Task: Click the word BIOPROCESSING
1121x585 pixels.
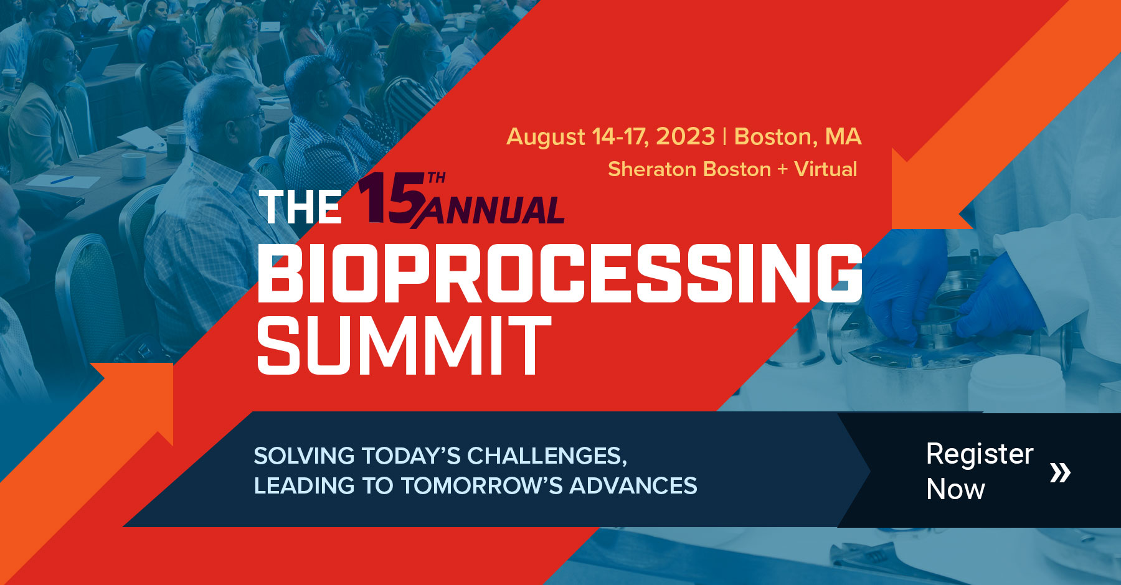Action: [x=559, y=273]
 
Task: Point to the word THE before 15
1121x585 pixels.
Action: [x=300, y=207]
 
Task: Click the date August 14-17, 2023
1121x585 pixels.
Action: [x=610, y=137]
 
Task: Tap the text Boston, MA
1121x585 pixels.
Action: [x=798, y=137]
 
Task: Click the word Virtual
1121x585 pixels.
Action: [x=826, y=169]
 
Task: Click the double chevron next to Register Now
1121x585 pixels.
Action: [x=1059, y=472]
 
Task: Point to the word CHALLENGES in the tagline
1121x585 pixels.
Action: [x=546, y=456]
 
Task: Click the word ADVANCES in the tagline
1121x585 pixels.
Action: [x=633, y=486]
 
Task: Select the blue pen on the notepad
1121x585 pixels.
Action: [x=62, y=179]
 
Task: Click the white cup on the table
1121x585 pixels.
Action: [x=133, y=165]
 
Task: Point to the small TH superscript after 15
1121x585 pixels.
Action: [x=437, y=178]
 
